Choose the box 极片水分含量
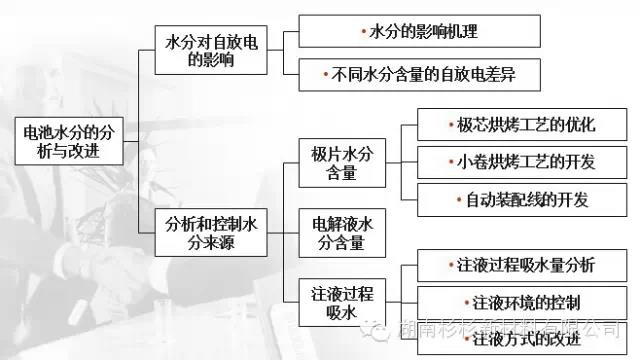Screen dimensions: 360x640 [x=342, y=163]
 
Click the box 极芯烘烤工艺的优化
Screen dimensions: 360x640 [x=512, y=126]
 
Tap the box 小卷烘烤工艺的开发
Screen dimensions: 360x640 [x=512, y=163]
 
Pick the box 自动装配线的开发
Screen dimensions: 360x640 [x=512, y=199]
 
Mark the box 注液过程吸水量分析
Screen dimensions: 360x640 [x=512, y=265]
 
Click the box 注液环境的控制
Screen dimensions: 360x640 [x=512, y=301]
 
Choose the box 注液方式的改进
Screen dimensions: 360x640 [x=512, y=337]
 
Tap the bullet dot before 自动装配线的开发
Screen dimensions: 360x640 [x=460, y=200]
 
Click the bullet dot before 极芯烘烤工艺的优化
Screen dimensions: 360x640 [x=452, y=127]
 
